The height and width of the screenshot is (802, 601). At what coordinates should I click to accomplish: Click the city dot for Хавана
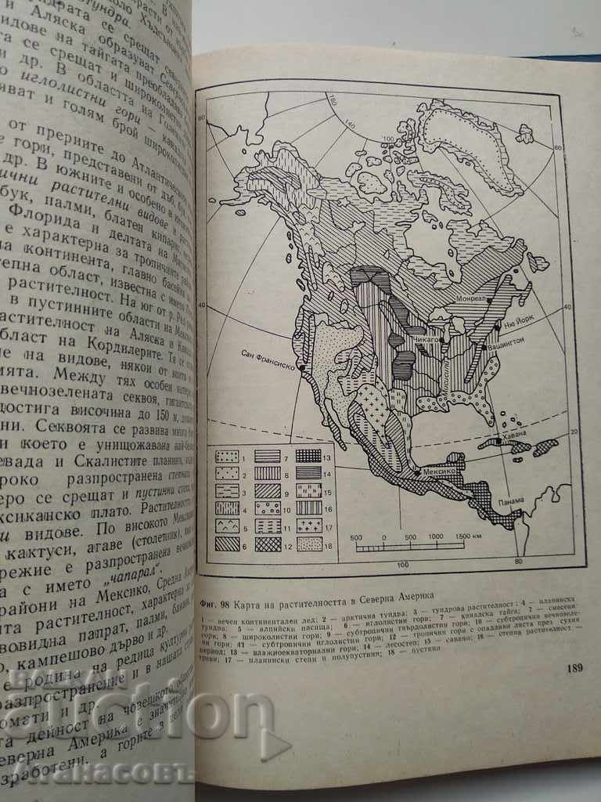point(498,443)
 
